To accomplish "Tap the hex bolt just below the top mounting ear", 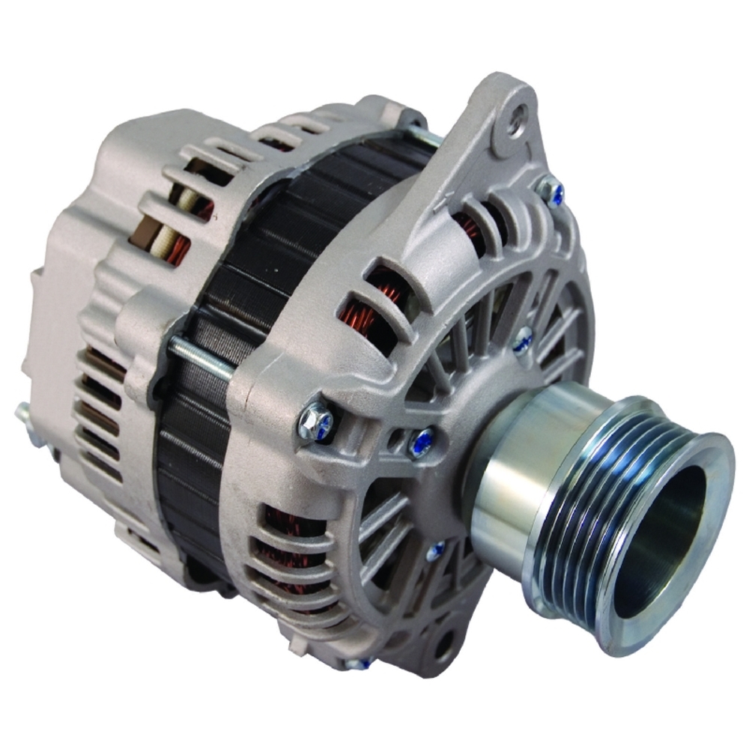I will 553,192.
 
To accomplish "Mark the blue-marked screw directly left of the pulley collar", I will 421,443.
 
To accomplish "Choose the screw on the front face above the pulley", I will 522,342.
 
